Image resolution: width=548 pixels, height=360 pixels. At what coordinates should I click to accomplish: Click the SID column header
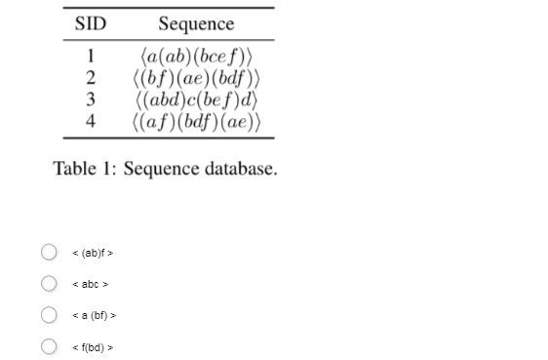[x=91, y=23]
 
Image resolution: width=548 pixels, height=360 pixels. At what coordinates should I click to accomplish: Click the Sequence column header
[x=196, y=23]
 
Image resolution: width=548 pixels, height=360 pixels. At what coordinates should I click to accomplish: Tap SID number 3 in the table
[x=91, y=100]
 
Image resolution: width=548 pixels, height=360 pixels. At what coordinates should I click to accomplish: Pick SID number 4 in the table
[x=91, y=122]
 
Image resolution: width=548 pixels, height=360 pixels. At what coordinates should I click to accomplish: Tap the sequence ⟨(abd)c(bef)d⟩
[x=198, y=100]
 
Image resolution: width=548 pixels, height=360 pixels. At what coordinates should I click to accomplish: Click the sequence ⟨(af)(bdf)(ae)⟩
[x=198, y=122]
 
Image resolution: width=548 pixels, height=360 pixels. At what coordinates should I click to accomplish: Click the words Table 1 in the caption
[x=83, y=169]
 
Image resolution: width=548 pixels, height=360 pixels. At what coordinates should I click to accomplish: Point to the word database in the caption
[x=240, y=169]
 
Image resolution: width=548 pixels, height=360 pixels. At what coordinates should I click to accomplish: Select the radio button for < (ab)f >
[x=49, y=253]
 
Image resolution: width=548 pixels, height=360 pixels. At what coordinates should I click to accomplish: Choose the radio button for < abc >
[x=49, y=284]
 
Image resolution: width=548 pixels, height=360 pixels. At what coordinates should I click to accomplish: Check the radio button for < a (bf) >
[x=49, y=315]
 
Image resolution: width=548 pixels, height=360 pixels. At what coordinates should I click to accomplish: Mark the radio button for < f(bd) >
[x=49, y=346]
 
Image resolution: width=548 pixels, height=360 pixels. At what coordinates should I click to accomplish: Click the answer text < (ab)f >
[x=94, y=254]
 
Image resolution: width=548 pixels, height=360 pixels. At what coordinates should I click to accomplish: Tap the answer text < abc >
[x=91, y=285]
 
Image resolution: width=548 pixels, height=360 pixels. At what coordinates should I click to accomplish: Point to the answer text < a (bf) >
[x=95, y=316]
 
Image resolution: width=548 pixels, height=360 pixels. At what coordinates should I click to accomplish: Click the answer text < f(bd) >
[x=94, y=347]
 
